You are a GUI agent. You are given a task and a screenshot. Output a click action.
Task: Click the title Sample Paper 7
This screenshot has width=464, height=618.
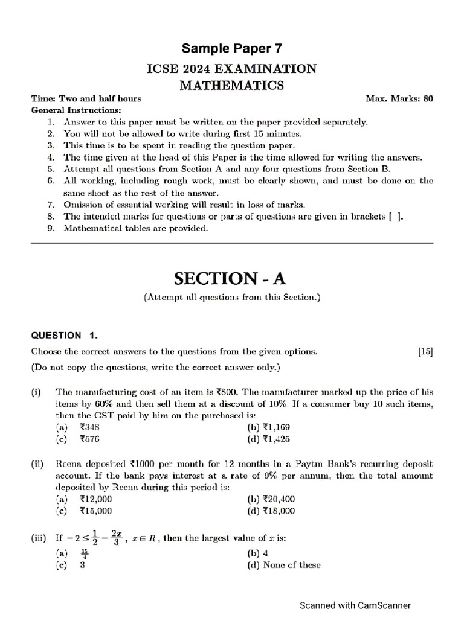point(232,48)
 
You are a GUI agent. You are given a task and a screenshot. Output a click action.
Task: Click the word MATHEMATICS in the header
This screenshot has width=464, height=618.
point(232,85)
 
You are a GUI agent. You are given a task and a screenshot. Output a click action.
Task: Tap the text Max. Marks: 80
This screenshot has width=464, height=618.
point(399,98)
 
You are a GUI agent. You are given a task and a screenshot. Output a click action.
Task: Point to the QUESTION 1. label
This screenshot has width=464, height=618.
point(64,335)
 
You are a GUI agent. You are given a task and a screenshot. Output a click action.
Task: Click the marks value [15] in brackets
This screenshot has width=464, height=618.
point(425,351)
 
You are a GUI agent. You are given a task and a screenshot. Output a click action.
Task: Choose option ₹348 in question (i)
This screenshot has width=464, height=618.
point(89,427)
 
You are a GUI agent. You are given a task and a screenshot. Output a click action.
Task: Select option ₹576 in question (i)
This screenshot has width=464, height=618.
point(89,439)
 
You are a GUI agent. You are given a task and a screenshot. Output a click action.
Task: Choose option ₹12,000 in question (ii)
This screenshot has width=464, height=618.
point(95,499)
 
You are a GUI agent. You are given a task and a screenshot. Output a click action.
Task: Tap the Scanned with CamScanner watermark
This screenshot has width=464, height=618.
point(356,605)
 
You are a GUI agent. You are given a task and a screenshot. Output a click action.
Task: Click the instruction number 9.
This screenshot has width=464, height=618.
point(51,228)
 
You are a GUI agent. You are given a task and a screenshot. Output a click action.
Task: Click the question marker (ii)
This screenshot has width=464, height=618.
point(40,464)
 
